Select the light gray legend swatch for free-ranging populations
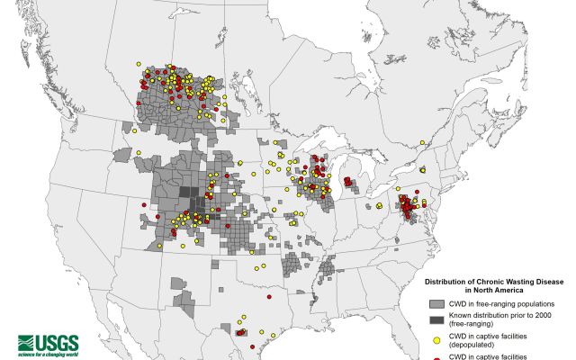[435, 304]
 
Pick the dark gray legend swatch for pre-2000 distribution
[435, 321]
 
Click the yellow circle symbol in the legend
[435, 340]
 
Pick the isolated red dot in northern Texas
[268, 295]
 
